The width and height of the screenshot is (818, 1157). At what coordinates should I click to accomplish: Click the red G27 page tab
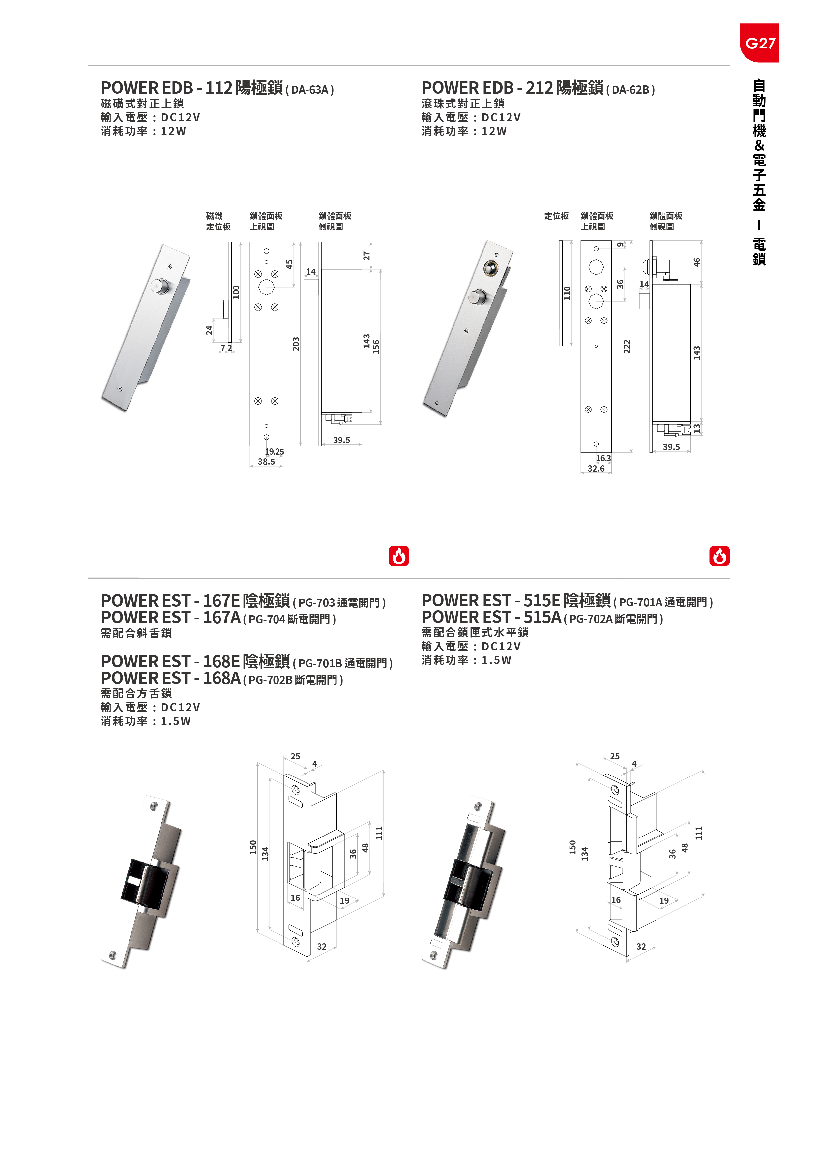(x=759, y=43)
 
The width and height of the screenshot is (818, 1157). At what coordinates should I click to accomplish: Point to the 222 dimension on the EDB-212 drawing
(x=627, y=347)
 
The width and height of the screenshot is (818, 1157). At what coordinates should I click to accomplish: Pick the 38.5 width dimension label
(x=266, y=462)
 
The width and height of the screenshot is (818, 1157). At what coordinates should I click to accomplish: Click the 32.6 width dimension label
(x=596, y=469)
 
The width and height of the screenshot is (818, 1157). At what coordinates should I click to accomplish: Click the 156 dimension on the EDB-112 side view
(x=376, y=347)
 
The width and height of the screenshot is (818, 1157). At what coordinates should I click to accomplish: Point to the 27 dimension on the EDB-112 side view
(x=367, y=256)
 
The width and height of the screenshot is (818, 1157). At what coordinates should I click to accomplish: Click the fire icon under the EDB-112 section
(x=398, y=556)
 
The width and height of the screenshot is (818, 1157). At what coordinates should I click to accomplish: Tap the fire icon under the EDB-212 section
(x=719, y=556)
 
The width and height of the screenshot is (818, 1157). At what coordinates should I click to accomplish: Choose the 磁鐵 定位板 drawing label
(x=218, y=221)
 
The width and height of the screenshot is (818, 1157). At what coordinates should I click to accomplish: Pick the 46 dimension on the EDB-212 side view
(x=697, y=262)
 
